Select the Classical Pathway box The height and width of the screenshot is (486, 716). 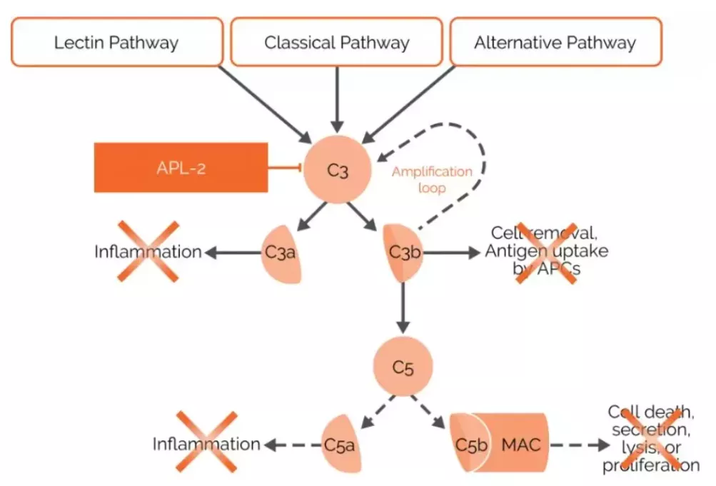[x=336, y=42]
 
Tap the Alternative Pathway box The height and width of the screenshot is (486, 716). [x=555, y=42]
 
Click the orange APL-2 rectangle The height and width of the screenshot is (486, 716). [x=181, y=168]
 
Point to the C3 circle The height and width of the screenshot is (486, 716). [x=337, y=169]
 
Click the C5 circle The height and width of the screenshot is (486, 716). [x=403, y=367]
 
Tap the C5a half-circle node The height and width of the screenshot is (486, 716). [x=340, y=444]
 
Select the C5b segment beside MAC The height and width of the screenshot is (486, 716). [x=470, y=444]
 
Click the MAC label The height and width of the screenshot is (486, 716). [x=520, y=444]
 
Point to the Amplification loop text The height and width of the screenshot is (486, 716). [x=432, y=180]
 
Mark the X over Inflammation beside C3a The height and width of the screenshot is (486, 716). [x=148, y=251]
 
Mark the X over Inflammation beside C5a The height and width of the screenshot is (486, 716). [x=206, y=442]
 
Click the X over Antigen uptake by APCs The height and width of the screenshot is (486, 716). [x=547, y=253]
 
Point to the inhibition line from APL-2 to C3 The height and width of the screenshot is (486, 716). [x=286, y=168]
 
